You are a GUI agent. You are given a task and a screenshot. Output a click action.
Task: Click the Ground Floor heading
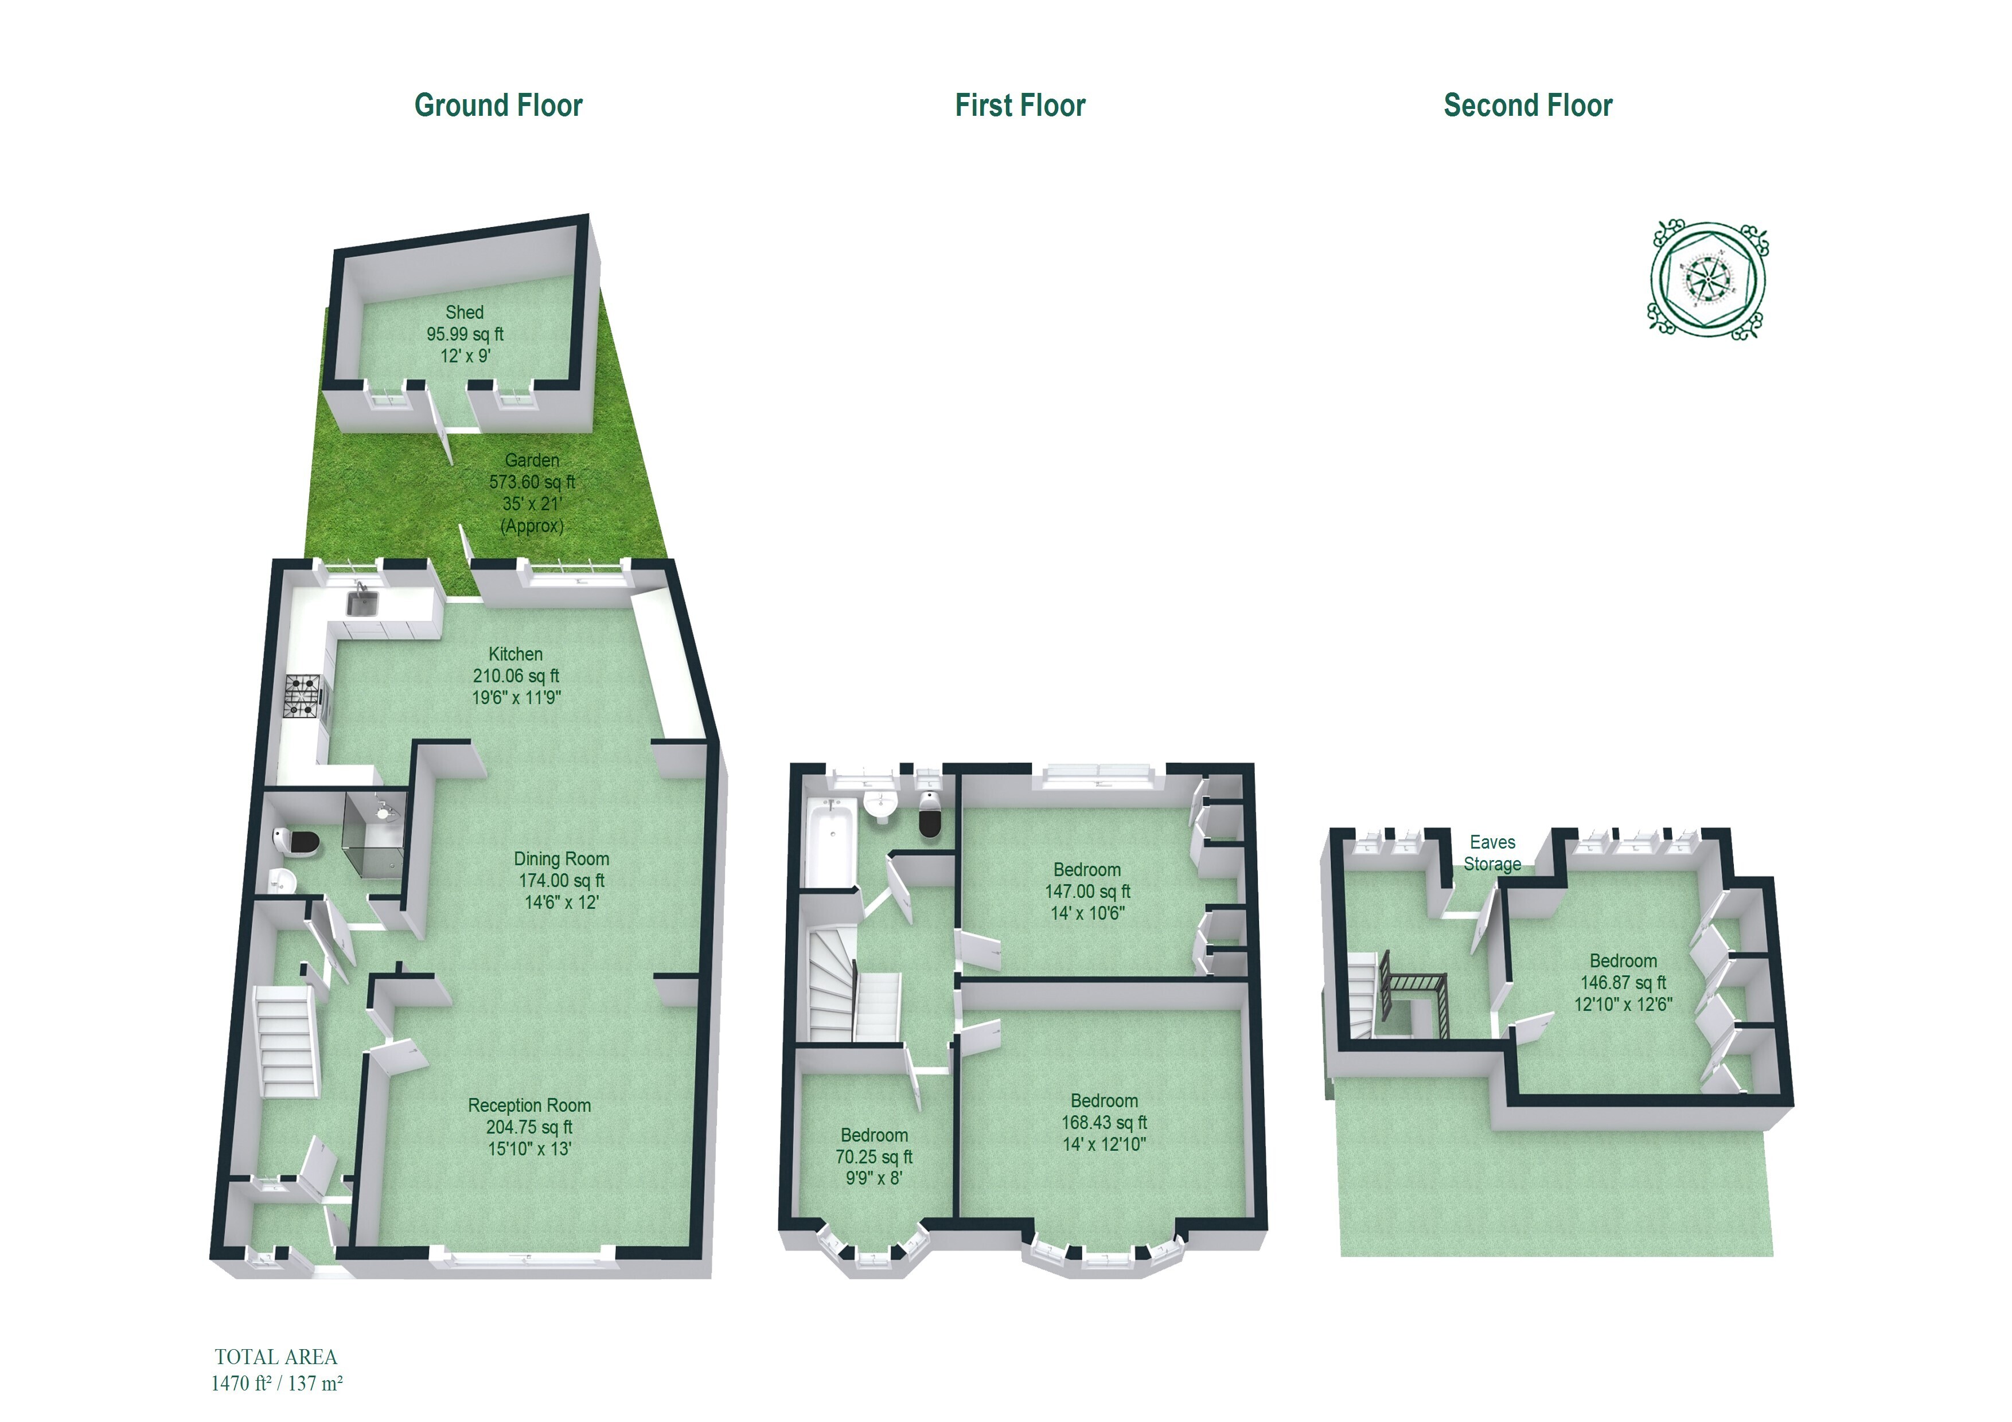coord(498,105)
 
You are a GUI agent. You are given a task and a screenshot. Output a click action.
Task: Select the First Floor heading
coord(1020,105)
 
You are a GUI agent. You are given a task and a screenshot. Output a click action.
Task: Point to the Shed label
coord(465,312)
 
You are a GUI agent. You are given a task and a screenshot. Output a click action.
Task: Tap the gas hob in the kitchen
coord(303,697)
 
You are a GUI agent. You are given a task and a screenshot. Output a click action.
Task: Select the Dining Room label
coord(561,858)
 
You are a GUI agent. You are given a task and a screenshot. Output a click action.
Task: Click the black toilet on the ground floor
coord(297,842)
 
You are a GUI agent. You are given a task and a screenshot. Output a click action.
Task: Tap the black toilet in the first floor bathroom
coord(930,815)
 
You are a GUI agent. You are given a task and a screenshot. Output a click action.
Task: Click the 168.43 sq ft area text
coord(1104,1122)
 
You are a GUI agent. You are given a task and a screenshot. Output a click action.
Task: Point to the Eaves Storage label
coord(1492,853)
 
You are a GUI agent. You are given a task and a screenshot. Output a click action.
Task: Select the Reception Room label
coord(529,1105)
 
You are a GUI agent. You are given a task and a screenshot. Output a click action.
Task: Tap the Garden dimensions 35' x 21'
coord(532,504)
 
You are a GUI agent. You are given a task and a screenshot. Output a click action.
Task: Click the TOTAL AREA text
coord(276,1357)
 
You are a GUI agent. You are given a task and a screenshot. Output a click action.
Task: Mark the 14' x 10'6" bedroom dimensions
coord(1087,913)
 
